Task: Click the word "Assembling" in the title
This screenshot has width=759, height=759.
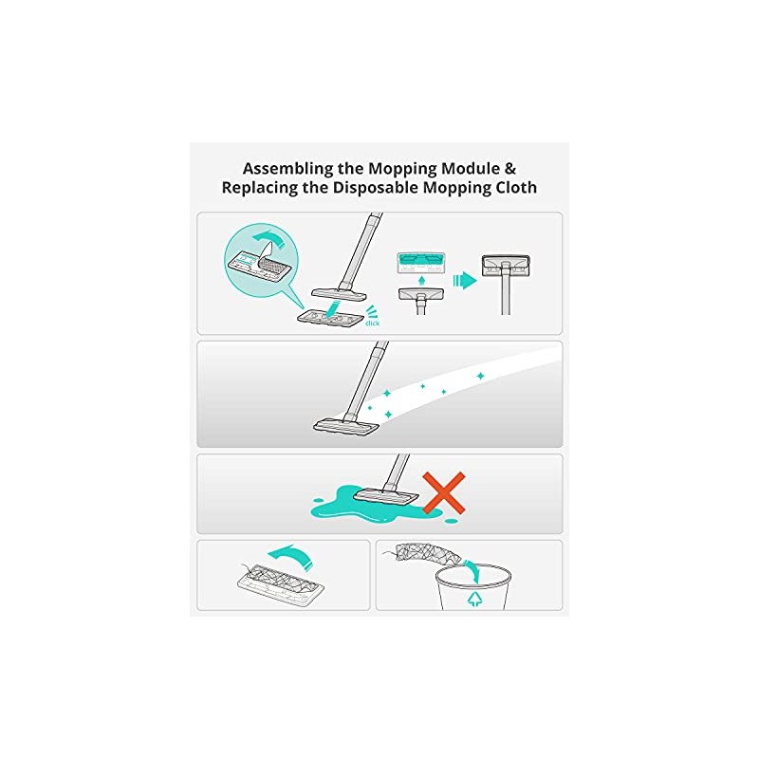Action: coord(287,167)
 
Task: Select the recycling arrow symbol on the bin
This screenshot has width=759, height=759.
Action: coord(472,599)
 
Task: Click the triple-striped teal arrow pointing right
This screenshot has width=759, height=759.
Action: coord(462,280)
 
